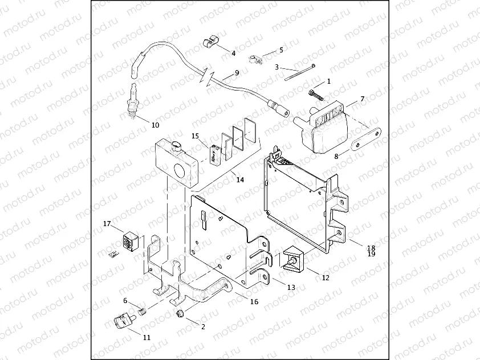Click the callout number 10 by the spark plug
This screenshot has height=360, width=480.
(x=156, y=125)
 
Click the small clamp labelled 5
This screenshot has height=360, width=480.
(x=255, y=58)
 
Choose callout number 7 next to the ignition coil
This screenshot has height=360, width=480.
(x=361, y=100)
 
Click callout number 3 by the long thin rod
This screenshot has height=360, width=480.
(x=277, y=67)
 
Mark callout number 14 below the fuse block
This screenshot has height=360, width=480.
(x=240, y=180)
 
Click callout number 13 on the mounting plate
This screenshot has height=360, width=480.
(x=291, y=288)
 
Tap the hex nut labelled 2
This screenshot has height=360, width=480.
(x=180, y=313)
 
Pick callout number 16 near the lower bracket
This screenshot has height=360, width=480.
(x=254, y=302)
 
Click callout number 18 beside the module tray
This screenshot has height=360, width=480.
(x=371, y=248)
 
